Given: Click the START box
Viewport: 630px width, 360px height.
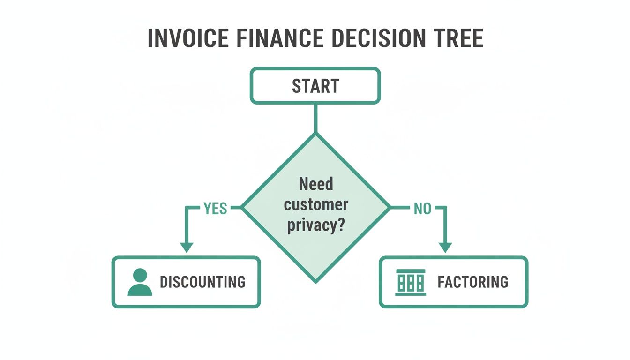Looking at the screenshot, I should tap(315, 86).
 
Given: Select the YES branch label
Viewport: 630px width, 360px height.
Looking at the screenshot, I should tap(215, 209).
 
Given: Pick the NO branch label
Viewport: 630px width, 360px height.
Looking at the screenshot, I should tap(422, 209).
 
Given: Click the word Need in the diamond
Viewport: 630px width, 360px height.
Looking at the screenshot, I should tap(316, 184).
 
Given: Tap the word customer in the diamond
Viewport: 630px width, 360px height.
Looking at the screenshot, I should tap(316, 205).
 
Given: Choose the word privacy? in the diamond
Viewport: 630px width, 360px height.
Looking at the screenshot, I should tap(316, 225).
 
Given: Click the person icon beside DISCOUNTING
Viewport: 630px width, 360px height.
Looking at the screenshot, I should tap(140, 282).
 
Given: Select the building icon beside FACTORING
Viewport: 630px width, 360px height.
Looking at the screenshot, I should tap(411, 282).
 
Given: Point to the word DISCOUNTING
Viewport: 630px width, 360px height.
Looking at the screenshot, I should tap(202, 282).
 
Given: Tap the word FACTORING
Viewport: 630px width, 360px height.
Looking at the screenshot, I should tap(472, 282).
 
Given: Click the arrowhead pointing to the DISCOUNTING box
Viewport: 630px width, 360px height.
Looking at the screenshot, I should tap(187, 247).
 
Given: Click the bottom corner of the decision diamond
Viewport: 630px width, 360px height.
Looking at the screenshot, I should tap(315, 281).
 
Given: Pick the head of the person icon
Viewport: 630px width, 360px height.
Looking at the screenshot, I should tap(140, 275).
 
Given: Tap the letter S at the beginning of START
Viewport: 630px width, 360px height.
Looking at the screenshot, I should tap(297, 86).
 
